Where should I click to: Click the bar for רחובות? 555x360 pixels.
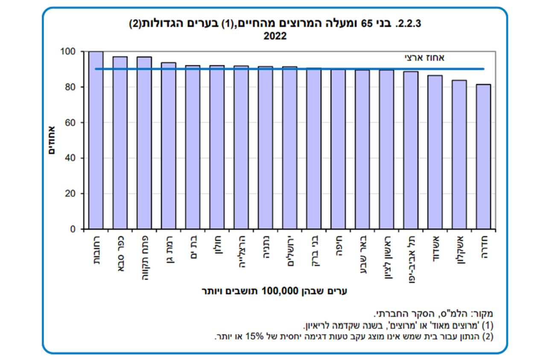(96, 141)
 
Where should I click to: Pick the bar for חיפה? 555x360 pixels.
(338, 149)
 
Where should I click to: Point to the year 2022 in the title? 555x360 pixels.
(275, 36)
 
